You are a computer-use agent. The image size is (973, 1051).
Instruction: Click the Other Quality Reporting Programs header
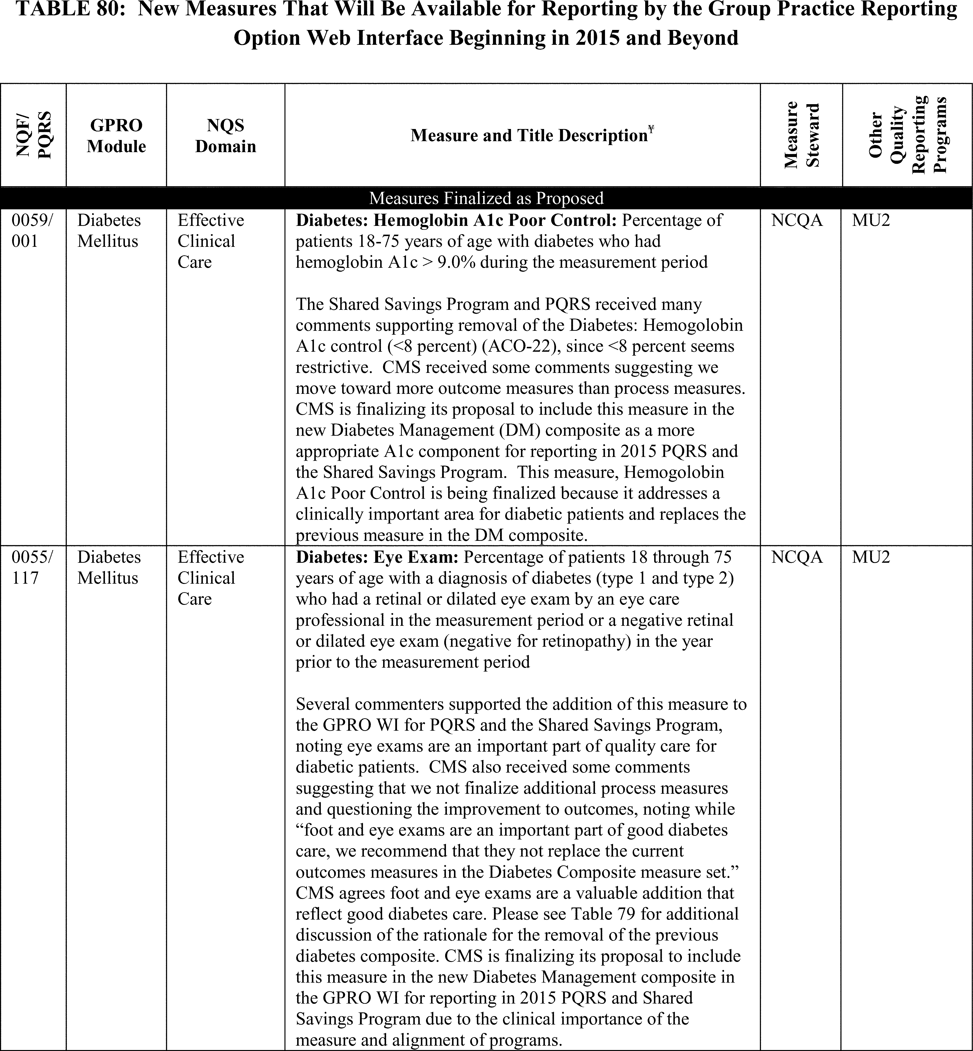coord(907,135)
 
